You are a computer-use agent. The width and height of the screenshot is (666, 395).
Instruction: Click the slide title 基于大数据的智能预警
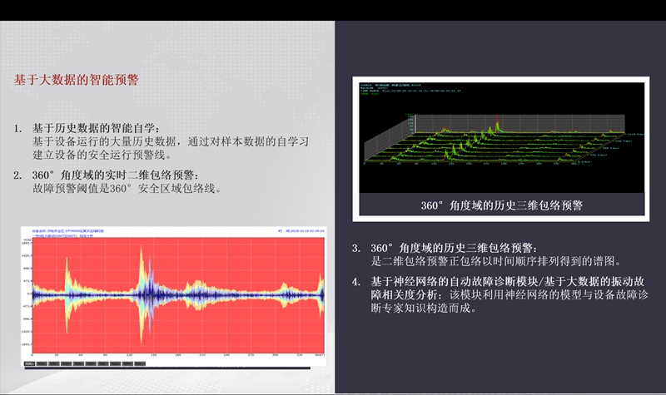[x=76, y=81]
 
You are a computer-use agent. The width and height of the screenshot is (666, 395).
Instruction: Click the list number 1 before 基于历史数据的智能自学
[x=17, y=129]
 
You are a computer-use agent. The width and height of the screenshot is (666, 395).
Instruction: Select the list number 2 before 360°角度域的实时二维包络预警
[x=17, y=175]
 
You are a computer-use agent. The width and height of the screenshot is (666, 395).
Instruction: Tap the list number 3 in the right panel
[x=355, y=249]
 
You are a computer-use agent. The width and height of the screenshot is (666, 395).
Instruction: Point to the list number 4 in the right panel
[x=355, y=281]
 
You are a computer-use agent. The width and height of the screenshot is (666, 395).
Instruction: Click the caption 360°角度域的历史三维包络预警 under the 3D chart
[x=500, y=205]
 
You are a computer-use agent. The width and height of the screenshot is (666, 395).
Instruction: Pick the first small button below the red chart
[x=29, y=363]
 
